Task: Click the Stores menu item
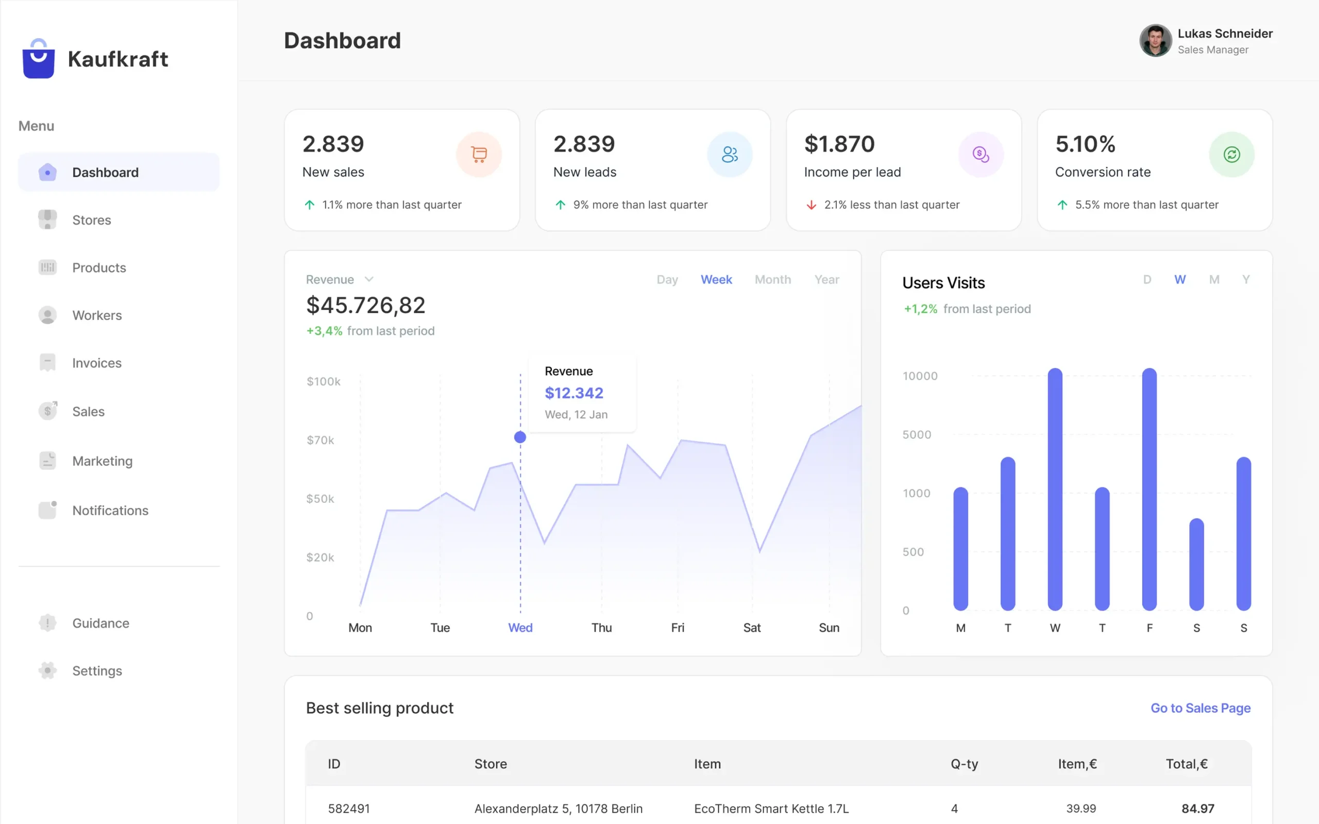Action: pos(91,220)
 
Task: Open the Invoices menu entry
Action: pos(96,363)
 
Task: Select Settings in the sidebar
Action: pos(96,671)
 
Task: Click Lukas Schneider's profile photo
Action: pos(1155,41)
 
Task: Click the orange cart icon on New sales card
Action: pos(479,155)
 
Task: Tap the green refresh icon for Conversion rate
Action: pos(1231,155)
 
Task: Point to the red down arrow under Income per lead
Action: pos(811,206)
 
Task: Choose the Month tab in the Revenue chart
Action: pos(772,280)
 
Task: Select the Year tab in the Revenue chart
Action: pos(826,280)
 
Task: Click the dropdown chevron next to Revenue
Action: pos(369,280)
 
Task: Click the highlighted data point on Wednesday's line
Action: pos(520,437)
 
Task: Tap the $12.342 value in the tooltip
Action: pos(573,393)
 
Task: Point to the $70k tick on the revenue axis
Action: pos(320,440)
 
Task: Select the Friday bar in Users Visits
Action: pos(1149,491)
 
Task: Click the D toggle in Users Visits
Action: pos(1147,280)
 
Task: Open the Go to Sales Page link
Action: pos(1200,708)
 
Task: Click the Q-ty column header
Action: pos(965,764)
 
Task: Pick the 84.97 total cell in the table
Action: pos(1197,809)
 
